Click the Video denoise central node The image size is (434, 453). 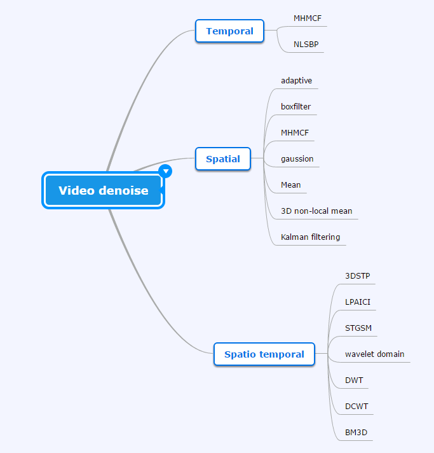pos(103,190)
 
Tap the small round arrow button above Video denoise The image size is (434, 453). pos(165,171)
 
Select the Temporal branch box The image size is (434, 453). pos(229,31)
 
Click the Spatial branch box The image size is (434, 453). pos(223,158)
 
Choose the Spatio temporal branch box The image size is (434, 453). pos(264,354)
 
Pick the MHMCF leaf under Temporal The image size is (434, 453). pos(308,18)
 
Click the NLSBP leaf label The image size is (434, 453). pos(306,44)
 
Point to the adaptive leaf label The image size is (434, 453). pos(296,81)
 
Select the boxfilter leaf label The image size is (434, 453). pos(295,106)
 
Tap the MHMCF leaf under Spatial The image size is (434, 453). pos(295,132)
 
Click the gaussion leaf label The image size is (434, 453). pos(297,158)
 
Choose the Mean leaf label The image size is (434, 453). pos(290,185)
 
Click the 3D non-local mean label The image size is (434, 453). pos(316,211)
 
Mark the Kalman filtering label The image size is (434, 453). pos(310,237)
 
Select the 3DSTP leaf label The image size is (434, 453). pos(357,276)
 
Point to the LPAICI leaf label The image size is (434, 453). pos(358,302)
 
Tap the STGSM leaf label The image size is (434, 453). pos(358,328)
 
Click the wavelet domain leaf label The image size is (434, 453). pos(374,354)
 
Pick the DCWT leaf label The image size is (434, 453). pos(356,406)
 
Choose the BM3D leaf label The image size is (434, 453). pos(356,432)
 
